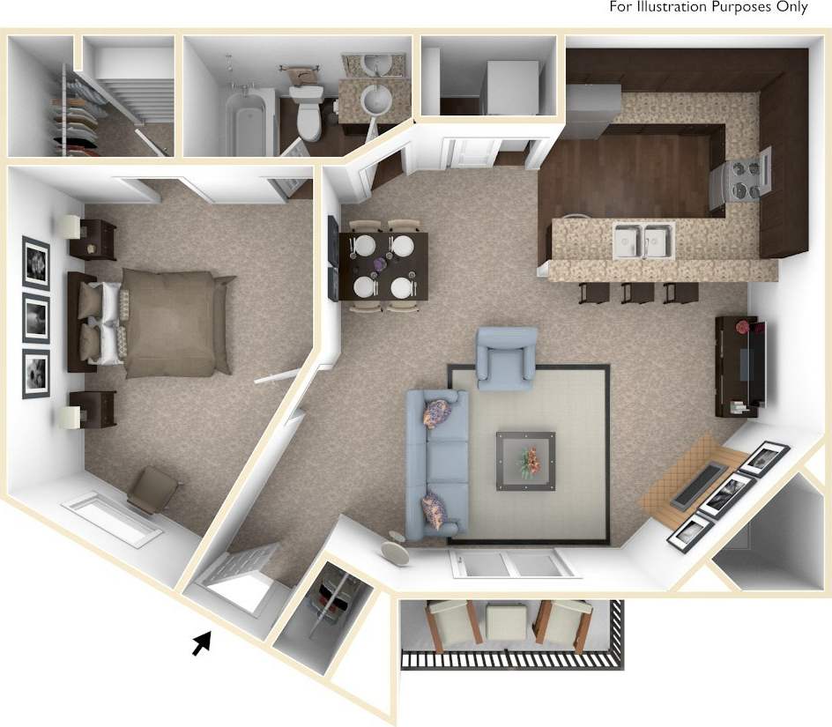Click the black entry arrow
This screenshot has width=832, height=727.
pyautogui.click(x=203, y=644)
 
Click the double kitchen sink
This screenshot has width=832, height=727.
pyautogui.click(x=643, y=240)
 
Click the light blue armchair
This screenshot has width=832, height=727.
pyautogui.click(x=506, y=358)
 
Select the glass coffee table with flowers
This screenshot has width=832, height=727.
pyautogui.click(x=525, y=460)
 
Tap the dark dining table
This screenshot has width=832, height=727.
pyautogui.click(x=383, y=264)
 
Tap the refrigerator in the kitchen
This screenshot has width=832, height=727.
pyautogui.click(x=592, y=110)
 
